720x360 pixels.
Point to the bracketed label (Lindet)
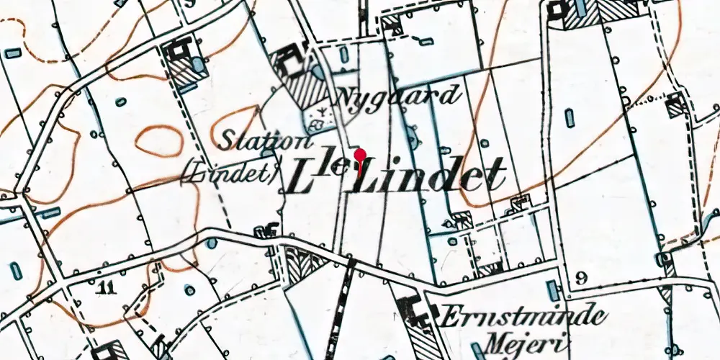tap(230, 174)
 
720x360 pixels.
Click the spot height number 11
tap(106, 289)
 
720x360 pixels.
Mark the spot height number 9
tap(582, 278)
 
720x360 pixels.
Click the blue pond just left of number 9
tap(552, 291)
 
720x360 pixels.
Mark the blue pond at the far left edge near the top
tap(13, 53)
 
